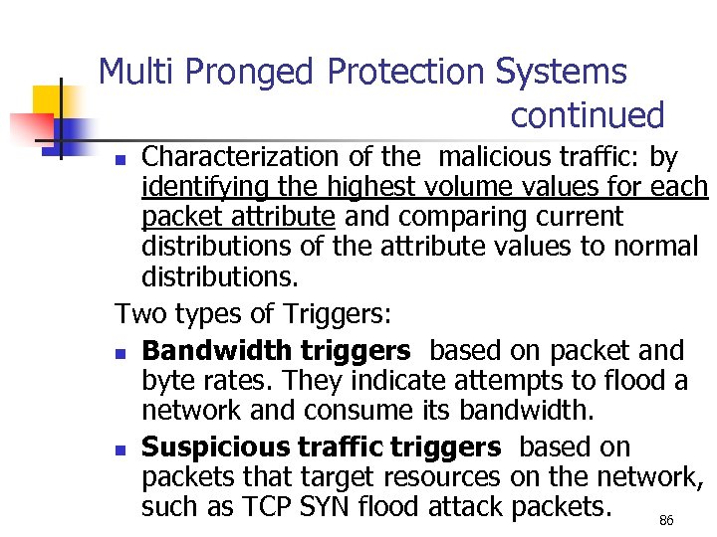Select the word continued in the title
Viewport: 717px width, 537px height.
coord(587,115)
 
